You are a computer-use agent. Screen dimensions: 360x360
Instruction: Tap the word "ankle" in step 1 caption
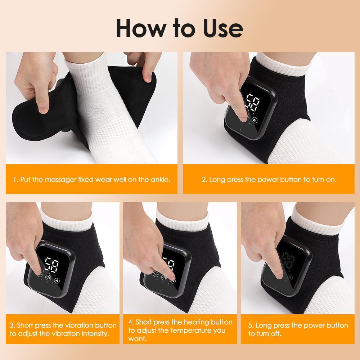tap(160, 179)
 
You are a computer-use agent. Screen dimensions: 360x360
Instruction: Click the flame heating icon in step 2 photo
tap(255, 121)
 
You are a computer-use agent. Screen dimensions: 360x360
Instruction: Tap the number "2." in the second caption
tap(204, 179)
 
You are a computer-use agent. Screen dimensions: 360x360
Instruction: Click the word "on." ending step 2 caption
tap(330, 179)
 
